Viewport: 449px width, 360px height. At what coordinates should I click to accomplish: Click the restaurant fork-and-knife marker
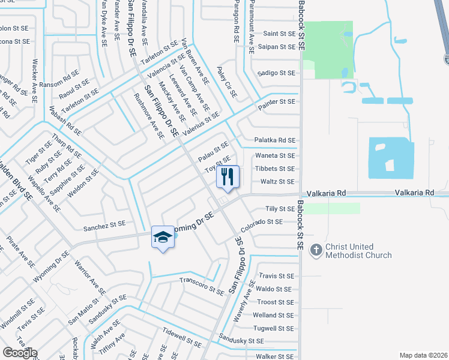click(228, 176)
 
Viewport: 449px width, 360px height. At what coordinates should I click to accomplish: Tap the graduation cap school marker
click(162, 238)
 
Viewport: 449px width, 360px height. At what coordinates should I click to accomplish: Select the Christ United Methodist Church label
click(358, 251)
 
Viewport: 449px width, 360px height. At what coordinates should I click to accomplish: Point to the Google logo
click(20, 353)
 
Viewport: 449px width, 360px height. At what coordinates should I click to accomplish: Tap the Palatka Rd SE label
click(276, 140)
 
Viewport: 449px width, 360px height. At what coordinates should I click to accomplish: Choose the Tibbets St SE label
click(276, 169)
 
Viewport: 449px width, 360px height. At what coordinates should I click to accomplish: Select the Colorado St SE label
click(261, 225)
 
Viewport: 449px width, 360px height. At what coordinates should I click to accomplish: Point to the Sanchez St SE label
click(104, 224)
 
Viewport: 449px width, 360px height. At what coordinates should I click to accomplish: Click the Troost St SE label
click(276, 302)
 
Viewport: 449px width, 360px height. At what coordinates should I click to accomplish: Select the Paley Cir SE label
click(228, 82)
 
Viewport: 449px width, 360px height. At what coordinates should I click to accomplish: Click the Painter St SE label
click(277, 102)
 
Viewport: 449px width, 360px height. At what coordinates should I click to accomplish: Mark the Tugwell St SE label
click(274, 328)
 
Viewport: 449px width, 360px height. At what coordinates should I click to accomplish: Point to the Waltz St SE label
click(277, 181)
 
